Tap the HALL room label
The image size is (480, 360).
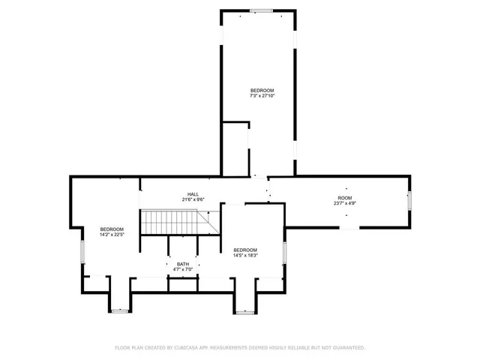(x=193, y=194)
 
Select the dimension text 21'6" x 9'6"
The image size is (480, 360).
(x=193, y=199)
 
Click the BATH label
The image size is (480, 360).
(x=183, y=264)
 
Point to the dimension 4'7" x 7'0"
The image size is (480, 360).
(x=183, y=269)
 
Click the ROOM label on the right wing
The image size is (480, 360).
(x=345, y=197)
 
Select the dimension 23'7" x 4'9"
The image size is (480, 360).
(x=345, y=202)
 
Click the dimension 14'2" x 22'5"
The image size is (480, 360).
(x=112, y=234)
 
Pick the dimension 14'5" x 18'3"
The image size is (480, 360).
(x=245, y=255)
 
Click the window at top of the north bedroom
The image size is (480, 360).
(x=261, y=10)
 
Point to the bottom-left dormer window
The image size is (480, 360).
(x=120, y=310)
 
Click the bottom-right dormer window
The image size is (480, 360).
(x=245, y=311)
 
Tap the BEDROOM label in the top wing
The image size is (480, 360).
(x=262, y=91)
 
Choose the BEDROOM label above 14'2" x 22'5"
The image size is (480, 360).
(x=112, y=229)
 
